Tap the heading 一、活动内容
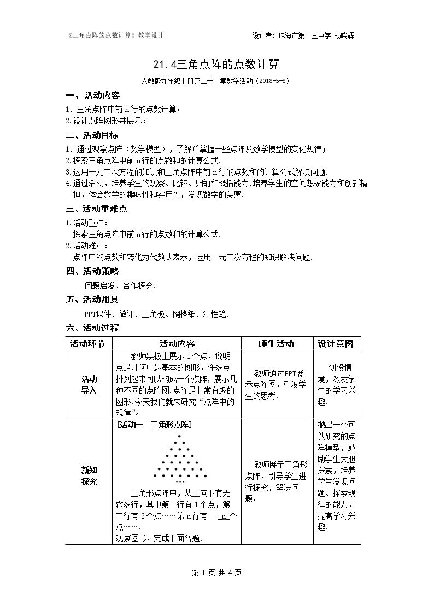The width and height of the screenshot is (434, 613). coord(89,95)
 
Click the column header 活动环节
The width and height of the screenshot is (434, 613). coord(89,344)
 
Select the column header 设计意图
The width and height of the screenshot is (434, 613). coord(336,344)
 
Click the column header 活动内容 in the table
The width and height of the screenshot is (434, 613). coord(177,344)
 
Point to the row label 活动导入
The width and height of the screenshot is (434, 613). coord(89,385)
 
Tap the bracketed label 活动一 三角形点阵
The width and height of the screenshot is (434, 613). coord(154,425)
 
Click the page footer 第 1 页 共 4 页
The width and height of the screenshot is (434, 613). coord(216,572)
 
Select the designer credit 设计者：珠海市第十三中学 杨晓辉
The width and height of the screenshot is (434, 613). coord(306,35)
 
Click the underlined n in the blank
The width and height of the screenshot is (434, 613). coord(224,516)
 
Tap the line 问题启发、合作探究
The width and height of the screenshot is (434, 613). coord(120,285)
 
